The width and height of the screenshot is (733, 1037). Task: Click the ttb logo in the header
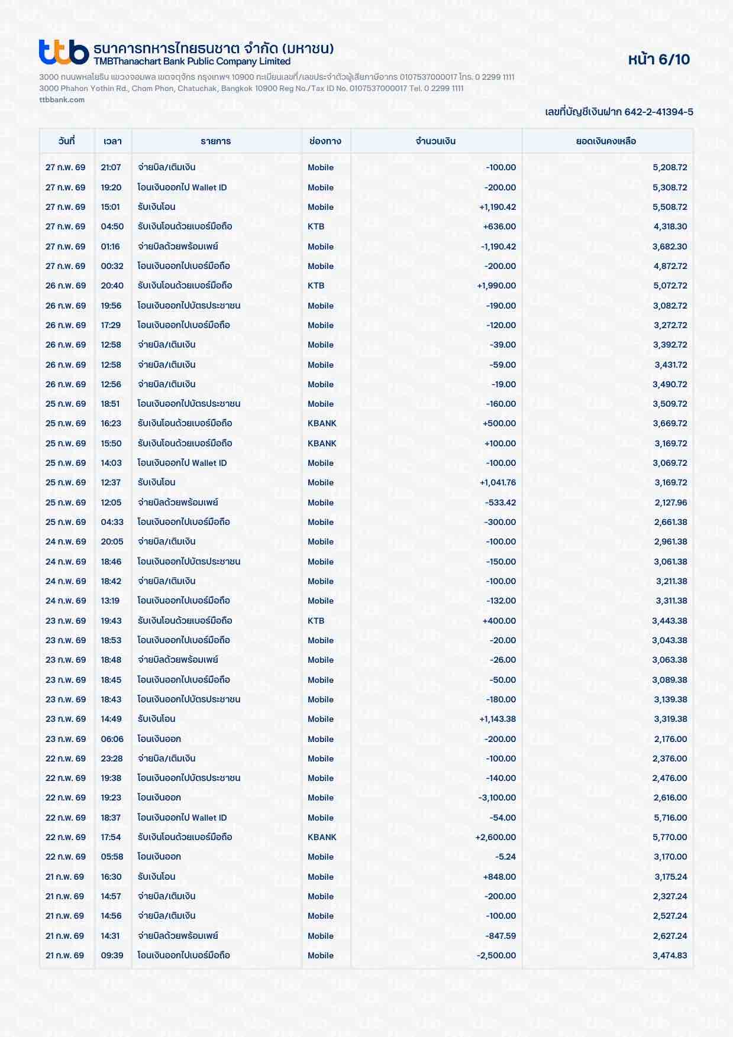tap(63, 52)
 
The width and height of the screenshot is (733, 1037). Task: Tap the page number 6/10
tap(658, 59)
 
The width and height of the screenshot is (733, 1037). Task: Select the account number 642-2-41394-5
tap(658, 112)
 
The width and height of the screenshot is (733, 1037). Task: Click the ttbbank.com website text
tap(62, 99)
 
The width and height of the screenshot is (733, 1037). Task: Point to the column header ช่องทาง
tap(325, 141)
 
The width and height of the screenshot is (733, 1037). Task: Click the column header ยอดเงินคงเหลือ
tap(606, 141)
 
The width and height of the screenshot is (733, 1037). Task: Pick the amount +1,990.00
tap(496, 286)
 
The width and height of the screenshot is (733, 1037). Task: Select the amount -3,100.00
tap(497, 798)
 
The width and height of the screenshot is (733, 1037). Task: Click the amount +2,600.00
tap(496, 837)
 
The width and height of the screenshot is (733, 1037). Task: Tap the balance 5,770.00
tap(670, 837)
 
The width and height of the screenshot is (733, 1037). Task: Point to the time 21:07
tap(111, 167)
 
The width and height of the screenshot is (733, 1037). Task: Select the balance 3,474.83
tap(670, 955)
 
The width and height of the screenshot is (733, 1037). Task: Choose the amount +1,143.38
tap(498, 719)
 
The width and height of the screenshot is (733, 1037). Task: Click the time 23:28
tap(111, 759)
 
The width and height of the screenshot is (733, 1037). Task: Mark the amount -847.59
tap(500, 936)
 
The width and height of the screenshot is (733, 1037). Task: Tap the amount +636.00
tap(499, 226)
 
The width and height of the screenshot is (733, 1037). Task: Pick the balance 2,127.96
tap(670, 503)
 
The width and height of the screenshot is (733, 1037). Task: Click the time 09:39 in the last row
tap(112, 955)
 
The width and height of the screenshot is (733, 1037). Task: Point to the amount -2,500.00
tap(496, 955)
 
